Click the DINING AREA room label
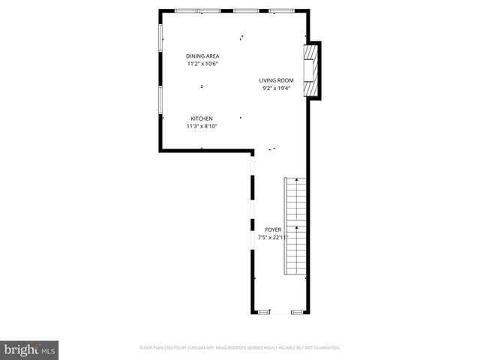pyautogui.click(x=203, y=56)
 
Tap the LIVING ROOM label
pyautogui.click(x=277, y=80)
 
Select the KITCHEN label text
pyautogui.click(x=202, y=118)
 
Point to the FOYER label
pyautogui.click(x=273, y=229)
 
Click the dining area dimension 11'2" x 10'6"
pyautogui.click(x=203, y=64)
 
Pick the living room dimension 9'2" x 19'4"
pyautogui.click(x=277, y=88)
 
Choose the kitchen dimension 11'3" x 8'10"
pyautogui.click(x=202, y=126)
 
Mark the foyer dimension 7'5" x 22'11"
pyautogui.click(x=273, y=237)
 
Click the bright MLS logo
pyautogui.click(x=30, y=349)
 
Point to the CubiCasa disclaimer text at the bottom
pyautogui.click(x=240, y=348)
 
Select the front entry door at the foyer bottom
pyautogui.click(x=281, y=313)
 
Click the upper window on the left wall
pyautogui.click(x=160, y=37)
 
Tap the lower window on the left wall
pyautogui.click(x=160, y=100)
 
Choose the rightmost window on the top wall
pyautogui.click(x=282, y=10)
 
